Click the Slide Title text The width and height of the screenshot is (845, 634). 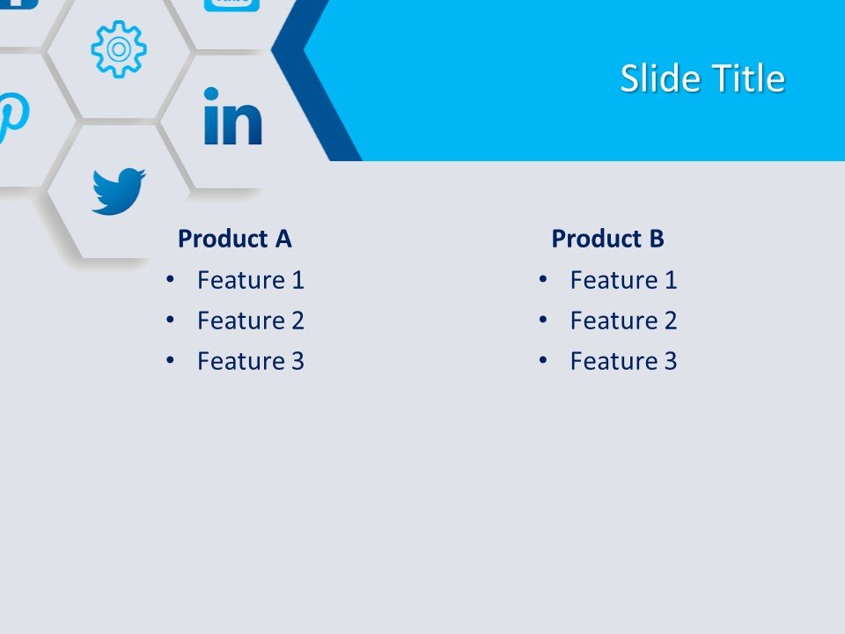click(702, 79)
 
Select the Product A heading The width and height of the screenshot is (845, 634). click(234, 239)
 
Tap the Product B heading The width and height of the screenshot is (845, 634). click(607, 239)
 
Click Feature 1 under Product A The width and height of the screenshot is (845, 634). click(251, 280)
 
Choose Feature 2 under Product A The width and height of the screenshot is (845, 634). click(251, 321)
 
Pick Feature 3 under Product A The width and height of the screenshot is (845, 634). click(251, 361)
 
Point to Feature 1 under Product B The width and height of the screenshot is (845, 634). click(623, 280)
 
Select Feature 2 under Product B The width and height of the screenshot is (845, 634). click(623, 321)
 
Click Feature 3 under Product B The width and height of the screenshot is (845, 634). click(623, 361)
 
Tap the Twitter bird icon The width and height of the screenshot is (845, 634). click(118, 191)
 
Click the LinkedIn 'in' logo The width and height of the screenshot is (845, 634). click(232, 116)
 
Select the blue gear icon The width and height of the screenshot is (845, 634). click(118, 49)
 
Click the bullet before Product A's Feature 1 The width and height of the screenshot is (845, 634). click(170, 280)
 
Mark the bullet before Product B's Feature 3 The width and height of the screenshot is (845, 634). click(543, 361)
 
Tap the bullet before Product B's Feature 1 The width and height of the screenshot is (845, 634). click(543, 280)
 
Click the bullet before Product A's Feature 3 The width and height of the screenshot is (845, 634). click(170, 361)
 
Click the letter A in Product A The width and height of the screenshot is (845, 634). click(283, 239)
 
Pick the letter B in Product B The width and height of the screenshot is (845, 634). click(656, 239)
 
